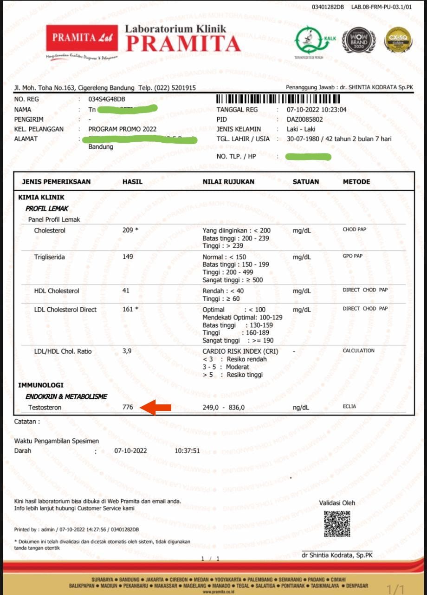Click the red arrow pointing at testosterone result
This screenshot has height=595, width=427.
[156, 408]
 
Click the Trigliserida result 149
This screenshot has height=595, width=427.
[128, 257]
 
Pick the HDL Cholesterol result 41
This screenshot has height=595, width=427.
[126, 291]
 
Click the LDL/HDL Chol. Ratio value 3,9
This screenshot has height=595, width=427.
[127, 351]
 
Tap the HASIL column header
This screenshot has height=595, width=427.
[132, 182]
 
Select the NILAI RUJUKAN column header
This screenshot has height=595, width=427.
[228, 182]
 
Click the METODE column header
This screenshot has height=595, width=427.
[356, 182]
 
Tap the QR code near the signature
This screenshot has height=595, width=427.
[337, 524]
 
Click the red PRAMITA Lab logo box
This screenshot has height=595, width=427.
[82, 38]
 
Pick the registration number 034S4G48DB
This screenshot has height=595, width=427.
[107, 99]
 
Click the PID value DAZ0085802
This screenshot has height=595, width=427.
[304, 119]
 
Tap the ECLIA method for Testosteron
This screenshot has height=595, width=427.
[349, 407]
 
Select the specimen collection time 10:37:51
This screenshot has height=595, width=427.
[187, 451]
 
